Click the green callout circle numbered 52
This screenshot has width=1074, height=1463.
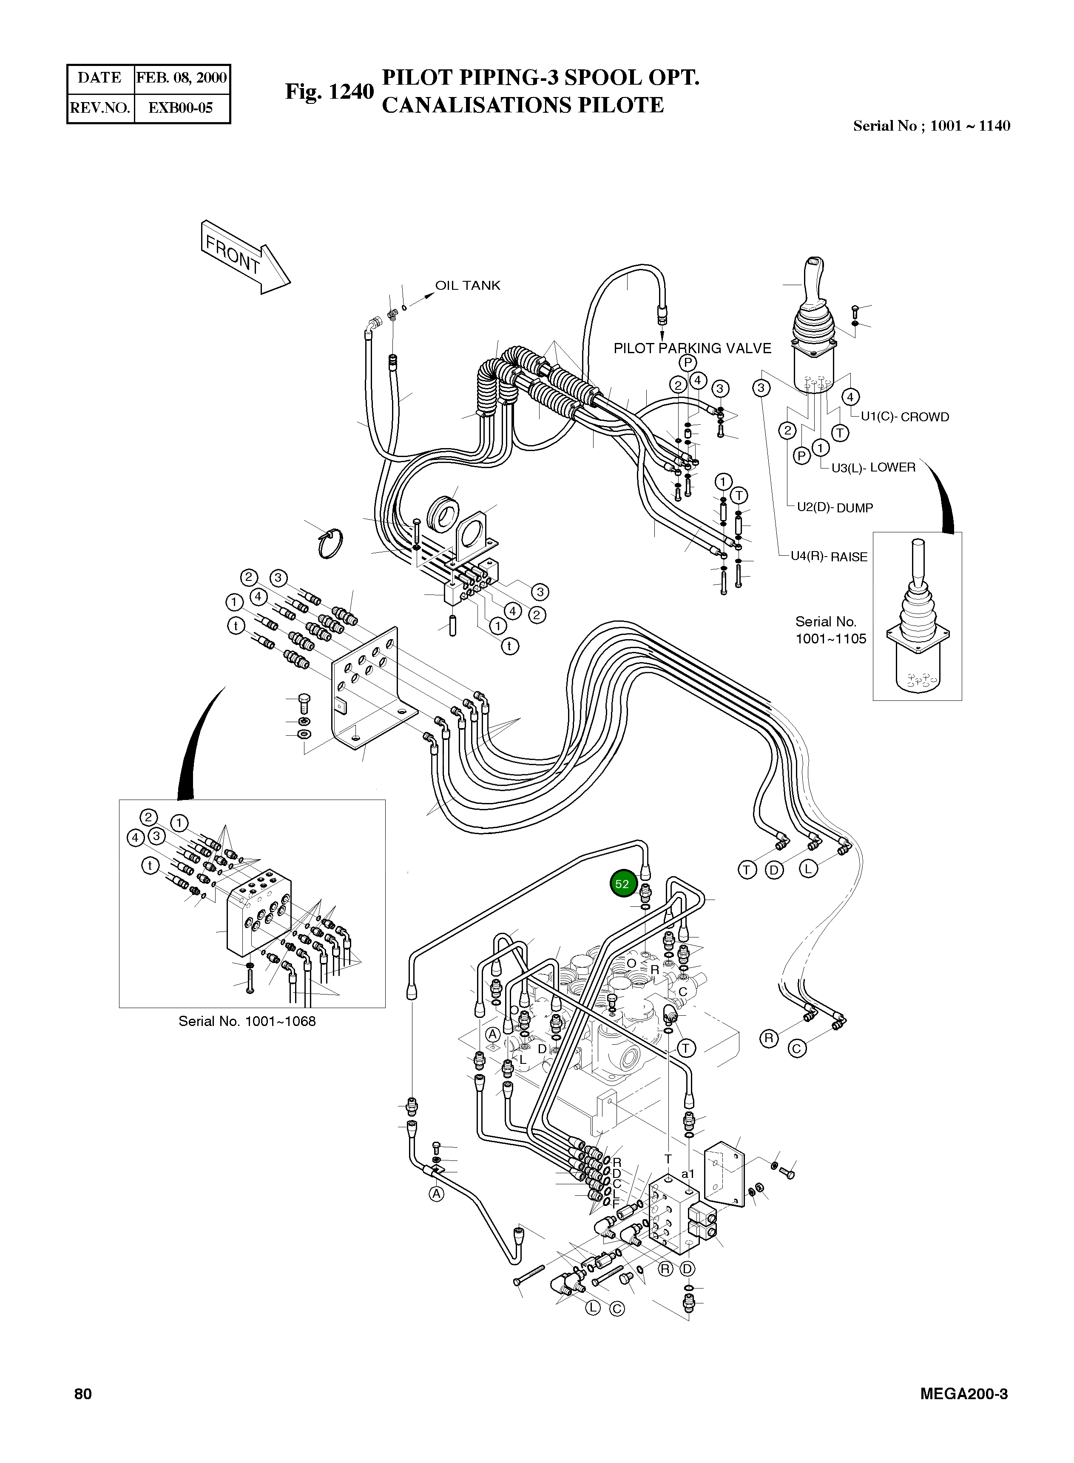(x=622, y=883)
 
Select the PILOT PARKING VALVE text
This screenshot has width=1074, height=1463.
(x=692, y=349)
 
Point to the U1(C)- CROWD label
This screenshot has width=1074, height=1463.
(x=904, y=417)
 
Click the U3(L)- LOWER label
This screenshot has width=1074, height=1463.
(x=873, y=467)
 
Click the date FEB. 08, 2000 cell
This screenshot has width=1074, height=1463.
(x=182, y=78)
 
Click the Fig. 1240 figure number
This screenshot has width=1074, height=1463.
(x=330, y=92)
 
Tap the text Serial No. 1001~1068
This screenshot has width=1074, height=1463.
(x=247, y=1021)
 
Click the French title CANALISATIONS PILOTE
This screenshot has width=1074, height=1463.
(x=523, y=106)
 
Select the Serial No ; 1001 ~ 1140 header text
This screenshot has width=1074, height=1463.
(x=932, y=126)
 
